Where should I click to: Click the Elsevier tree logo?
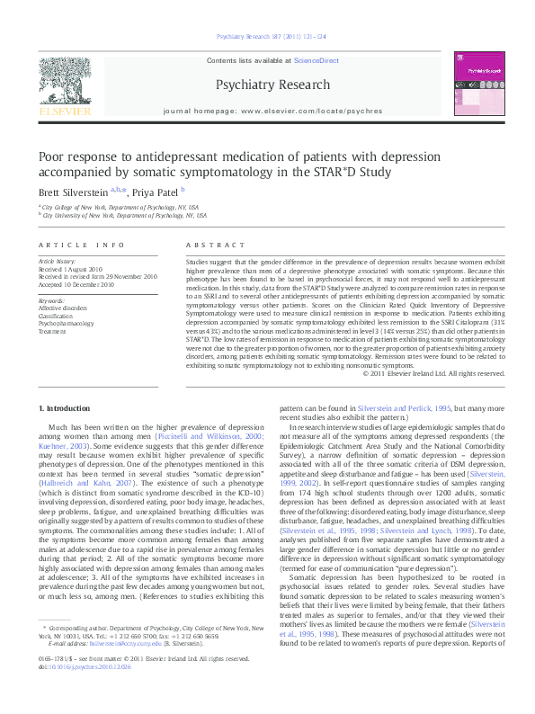click(x=64, y=83)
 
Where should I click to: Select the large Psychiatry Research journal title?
click(x=273, y=85)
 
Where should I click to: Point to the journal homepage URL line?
click(x=272, y=111)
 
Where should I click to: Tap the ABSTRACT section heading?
click(x=215, y=245)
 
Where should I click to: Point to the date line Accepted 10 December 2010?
click(x=76, y=284)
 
